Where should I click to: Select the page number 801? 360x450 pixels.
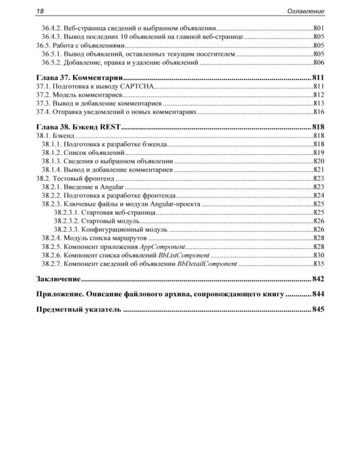pos(319,29)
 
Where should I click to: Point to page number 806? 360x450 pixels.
pos(319,62)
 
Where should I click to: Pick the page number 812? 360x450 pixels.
pos(319,95)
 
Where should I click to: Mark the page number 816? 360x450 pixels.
pos(319,112)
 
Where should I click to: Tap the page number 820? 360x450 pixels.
pos(319,161)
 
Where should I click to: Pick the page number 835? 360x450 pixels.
pos(319,263)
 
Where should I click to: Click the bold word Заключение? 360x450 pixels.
pos(58,279)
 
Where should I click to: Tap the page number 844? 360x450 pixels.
pos(318,295)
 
